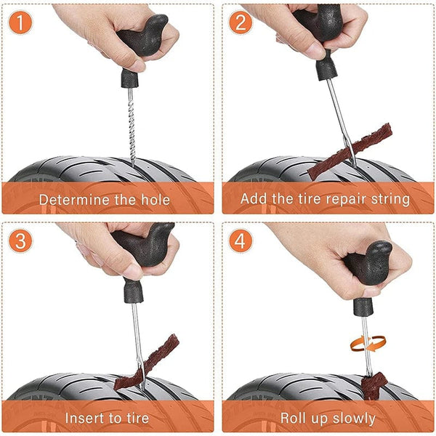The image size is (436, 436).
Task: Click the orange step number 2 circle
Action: [x=241, y=24]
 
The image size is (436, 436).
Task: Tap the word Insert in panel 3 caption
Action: [x=84, y=418]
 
